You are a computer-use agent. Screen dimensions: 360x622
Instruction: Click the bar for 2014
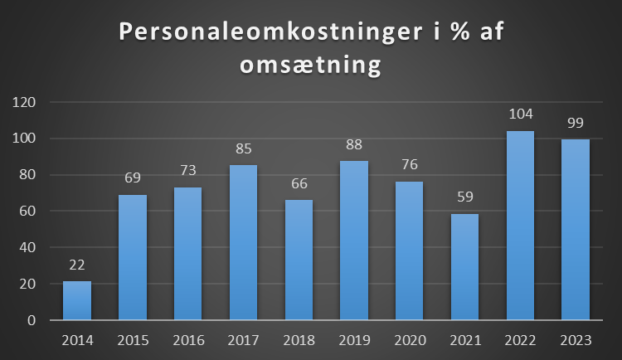77,300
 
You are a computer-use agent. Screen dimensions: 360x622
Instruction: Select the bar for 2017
243,242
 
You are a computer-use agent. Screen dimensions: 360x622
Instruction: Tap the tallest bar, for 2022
520,225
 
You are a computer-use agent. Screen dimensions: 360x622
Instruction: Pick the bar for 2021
464,266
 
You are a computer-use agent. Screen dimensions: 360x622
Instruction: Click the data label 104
520,114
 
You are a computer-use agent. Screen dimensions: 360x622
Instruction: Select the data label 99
575,123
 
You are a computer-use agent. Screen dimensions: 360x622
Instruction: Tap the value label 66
299,182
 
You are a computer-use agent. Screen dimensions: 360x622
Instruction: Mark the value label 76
409,164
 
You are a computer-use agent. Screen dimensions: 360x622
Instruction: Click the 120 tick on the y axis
27,102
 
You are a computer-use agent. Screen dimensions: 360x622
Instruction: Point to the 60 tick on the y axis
31,211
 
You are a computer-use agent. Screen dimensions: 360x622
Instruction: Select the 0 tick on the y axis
34,320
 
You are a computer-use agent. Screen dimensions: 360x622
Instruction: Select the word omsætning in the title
310,66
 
